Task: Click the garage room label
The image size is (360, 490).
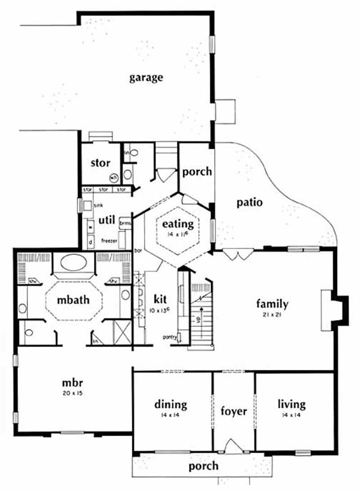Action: (146, 77)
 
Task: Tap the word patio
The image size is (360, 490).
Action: (249, 202)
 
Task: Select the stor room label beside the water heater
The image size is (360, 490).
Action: (100, 163)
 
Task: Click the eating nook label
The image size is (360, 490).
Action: (178, 223)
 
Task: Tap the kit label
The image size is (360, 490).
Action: (160, 299)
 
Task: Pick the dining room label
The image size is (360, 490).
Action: (171, 404)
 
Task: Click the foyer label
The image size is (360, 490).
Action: (234, 411)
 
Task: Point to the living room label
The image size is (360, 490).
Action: (291, 404)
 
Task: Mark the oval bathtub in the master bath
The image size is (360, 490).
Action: (74, 263)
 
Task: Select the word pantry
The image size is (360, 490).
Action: (169, 336)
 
